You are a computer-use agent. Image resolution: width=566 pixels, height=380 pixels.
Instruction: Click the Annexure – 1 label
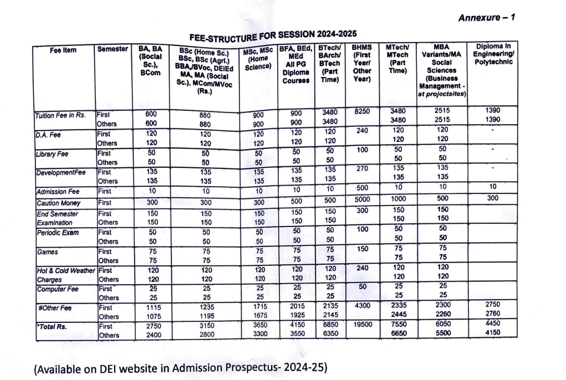[487, 18]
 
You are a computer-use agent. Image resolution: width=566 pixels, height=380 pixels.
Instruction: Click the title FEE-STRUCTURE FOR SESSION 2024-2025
[273, 35]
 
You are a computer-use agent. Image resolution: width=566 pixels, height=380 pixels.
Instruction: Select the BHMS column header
[361, 63]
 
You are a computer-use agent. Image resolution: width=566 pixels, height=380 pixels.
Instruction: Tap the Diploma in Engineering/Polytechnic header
[493, 54]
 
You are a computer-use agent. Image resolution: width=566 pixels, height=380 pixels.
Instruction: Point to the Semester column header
[113, 49]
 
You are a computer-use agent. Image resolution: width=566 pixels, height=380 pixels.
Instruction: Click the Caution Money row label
[58, 203]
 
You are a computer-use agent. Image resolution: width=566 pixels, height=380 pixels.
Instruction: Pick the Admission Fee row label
[58, 192]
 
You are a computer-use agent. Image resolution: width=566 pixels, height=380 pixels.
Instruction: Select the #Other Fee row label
[55, 308]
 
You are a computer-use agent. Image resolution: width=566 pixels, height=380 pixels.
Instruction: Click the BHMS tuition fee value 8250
[361, 111]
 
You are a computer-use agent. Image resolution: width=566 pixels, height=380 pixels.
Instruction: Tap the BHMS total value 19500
[363, 325]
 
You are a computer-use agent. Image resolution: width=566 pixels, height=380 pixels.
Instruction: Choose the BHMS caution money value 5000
[362, 199]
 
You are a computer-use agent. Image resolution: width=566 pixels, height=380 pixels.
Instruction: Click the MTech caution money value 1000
[398, 199]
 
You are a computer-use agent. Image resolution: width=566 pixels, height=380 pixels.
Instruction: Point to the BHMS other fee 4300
[363, 306]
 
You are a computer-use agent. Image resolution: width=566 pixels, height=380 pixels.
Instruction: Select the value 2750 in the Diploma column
[493, 304]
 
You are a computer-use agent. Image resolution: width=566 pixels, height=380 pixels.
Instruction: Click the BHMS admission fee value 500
[362, 188]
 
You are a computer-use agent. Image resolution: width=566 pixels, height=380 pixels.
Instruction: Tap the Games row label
[47, 252]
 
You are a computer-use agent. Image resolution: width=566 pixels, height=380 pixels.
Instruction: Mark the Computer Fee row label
[58, 289]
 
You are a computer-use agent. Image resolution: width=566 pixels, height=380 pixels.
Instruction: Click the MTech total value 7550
[399, 324]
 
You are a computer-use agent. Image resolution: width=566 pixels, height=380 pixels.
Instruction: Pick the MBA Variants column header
[441, 70]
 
